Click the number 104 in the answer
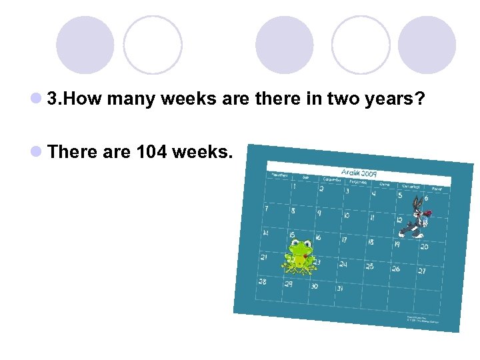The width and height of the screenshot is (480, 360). point(151,152)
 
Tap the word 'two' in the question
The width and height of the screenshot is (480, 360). point(344,100)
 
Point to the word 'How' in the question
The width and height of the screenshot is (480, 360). point(85,100)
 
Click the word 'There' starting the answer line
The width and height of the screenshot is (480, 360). point(73,152)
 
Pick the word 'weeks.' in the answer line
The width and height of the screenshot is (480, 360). point(203,152)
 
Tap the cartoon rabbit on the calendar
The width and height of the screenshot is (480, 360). point(413,217)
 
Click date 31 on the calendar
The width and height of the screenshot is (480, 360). point(340,289)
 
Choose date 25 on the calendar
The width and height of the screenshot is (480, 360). point(369,266)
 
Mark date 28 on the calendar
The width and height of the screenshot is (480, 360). point(263,281)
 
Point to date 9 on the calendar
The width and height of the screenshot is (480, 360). point(319,213)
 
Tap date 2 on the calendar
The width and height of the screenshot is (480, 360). point(321,189)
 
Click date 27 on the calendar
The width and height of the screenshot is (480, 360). point(422,271)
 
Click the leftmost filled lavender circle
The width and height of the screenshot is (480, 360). point(85,45)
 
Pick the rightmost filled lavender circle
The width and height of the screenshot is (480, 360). point(427,45)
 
